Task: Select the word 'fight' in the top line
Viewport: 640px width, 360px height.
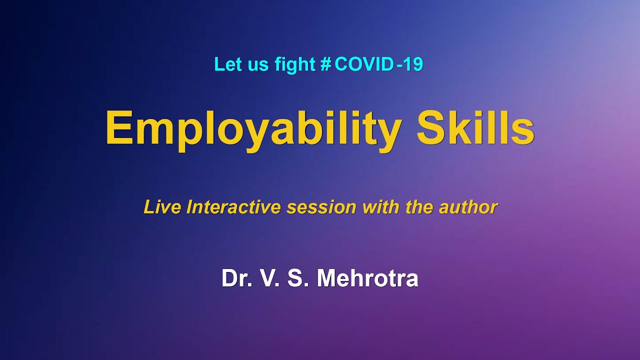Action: point(295,64)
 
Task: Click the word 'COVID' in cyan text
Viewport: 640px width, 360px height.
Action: point(363,64)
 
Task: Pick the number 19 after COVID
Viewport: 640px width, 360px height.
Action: point(413,64)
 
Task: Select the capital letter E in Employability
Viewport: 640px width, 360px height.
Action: point(118,128)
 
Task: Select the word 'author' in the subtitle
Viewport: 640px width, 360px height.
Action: point(468,207)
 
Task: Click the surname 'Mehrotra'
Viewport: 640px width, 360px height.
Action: point(367,278)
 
